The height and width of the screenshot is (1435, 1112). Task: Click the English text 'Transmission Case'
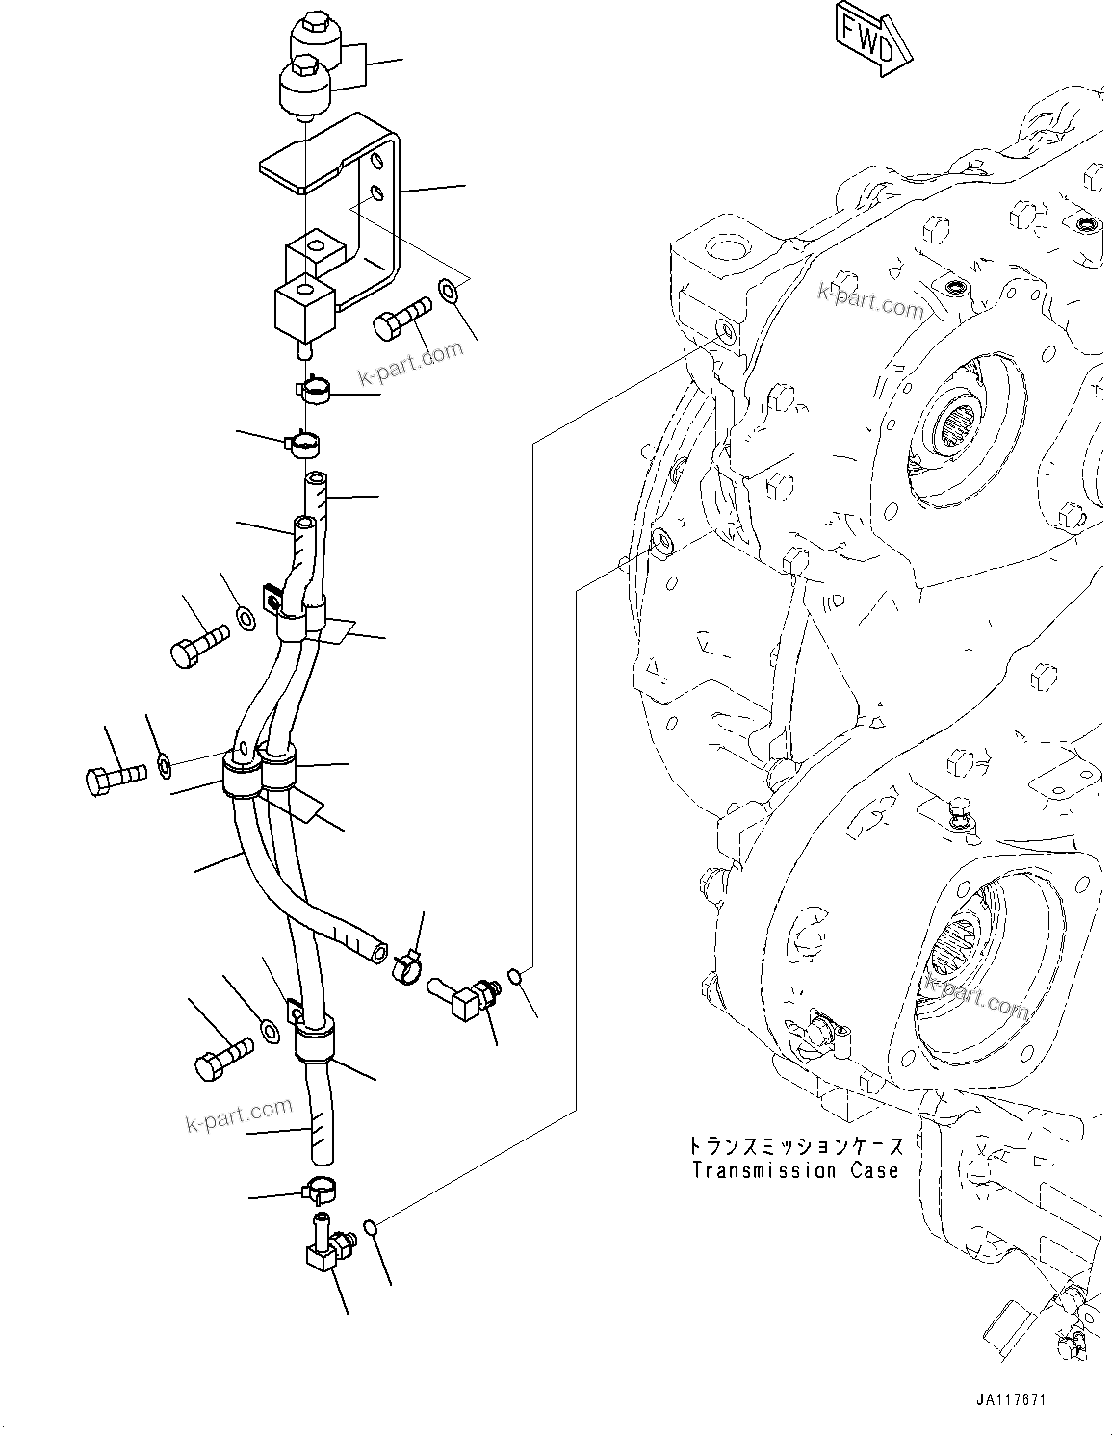coord(795,1170)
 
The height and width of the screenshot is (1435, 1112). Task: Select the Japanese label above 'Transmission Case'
coord(795,1146)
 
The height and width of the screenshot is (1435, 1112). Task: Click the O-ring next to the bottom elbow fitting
coord(371,1226)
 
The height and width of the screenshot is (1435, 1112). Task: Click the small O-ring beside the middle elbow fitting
coord(516,978)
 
